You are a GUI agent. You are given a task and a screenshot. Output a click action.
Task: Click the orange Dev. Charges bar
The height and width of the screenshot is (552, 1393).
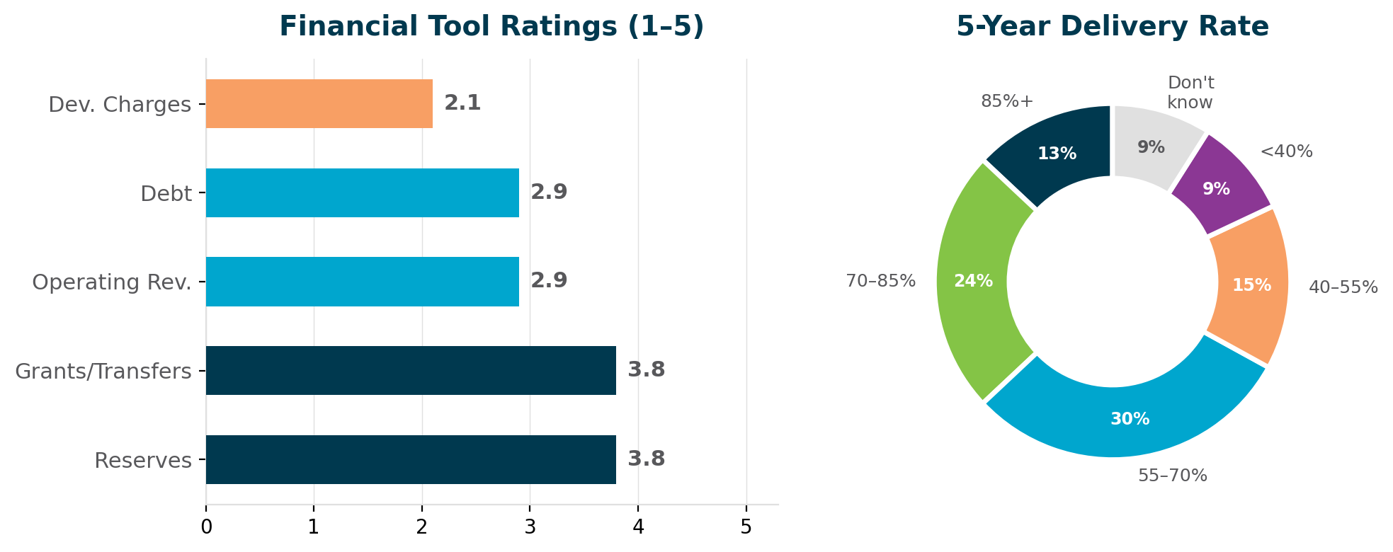(x=319, y=103)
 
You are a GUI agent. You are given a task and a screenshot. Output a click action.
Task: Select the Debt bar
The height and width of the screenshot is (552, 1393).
(x=362, y=192)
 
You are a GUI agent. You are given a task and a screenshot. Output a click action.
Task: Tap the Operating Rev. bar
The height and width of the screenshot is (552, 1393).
(x=362, y=282)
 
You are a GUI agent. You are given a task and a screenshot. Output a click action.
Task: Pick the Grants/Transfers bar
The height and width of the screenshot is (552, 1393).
(x=411, y=370)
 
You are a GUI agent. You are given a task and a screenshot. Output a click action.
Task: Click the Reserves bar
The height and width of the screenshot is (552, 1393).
(x=411, y=459)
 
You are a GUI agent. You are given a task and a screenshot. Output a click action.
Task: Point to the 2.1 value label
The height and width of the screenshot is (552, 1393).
(x=462, y=103)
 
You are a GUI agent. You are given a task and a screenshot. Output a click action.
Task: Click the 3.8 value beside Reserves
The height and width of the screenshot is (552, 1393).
(x=646, y=459)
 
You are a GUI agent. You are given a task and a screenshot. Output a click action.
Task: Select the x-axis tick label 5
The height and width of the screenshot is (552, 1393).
(x=746, y=527)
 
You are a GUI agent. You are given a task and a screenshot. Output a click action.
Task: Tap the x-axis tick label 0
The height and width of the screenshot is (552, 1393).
(x=206, y=527)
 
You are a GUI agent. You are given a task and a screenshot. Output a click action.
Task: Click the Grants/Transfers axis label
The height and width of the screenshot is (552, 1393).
(x=103, y=371)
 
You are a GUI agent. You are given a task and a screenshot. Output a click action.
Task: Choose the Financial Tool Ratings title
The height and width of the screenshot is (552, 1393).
(x=491, y=27)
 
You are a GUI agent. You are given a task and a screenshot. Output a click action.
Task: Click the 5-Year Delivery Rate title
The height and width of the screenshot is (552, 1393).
(x=1112, y=27)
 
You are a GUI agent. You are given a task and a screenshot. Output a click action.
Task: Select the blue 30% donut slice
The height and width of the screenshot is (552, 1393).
(x=1126, y=421)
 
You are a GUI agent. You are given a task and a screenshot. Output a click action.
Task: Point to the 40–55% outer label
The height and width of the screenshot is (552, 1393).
(x=1343, y=287)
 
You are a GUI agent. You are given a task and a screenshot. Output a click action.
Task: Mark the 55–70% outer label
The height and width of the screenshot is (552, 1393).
(x=1172, y=476)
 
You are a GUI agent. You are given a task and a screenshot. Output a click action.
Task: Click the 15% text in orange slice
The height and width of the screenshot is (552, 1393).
(x=1251, y=285)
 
